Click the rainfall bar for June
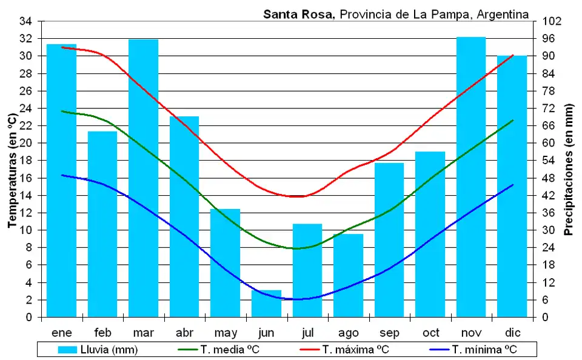click(x=266, y=304)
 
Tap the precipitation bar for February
click(x=102, y=224)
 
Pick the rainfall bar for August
click(x=348, y=276)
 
